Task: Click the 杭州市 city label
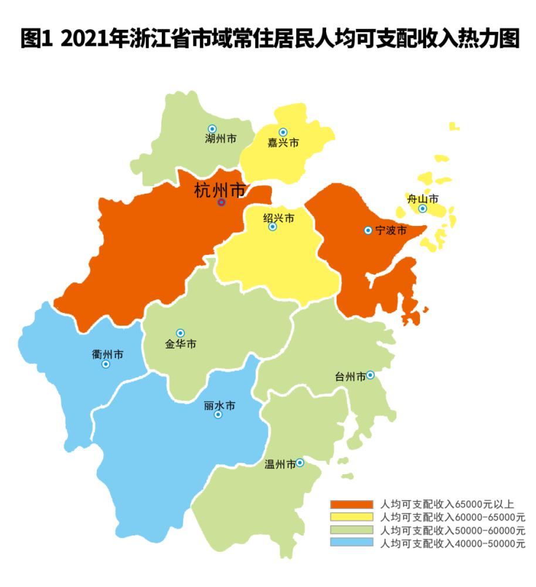[220, 190]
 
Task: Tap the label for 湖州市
[220, 139]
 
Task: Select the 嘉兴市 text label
[283, 143]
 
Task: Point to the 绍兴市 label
[279, 218]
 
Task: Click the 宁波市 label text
[391, 231]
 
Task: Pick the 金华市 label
[181, 344]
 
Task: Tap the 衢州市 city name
[107, 355]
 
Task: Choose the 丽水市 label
[219, 405]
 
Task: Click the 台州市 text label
[350, 376]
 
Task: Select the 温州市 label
[280, 464]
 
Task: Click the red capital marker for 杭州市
[221, 202]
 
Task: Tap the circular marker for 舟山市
[422, 208]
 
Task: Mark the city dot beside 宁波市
[368, 231]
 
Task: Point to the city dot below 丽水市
[218, 414]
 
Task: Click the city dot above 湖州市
[212, 129]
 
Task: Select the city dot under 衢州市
[106, 364]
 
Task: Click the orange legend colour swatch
[351, 504]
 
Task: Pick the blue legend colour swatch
[351, 542]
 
